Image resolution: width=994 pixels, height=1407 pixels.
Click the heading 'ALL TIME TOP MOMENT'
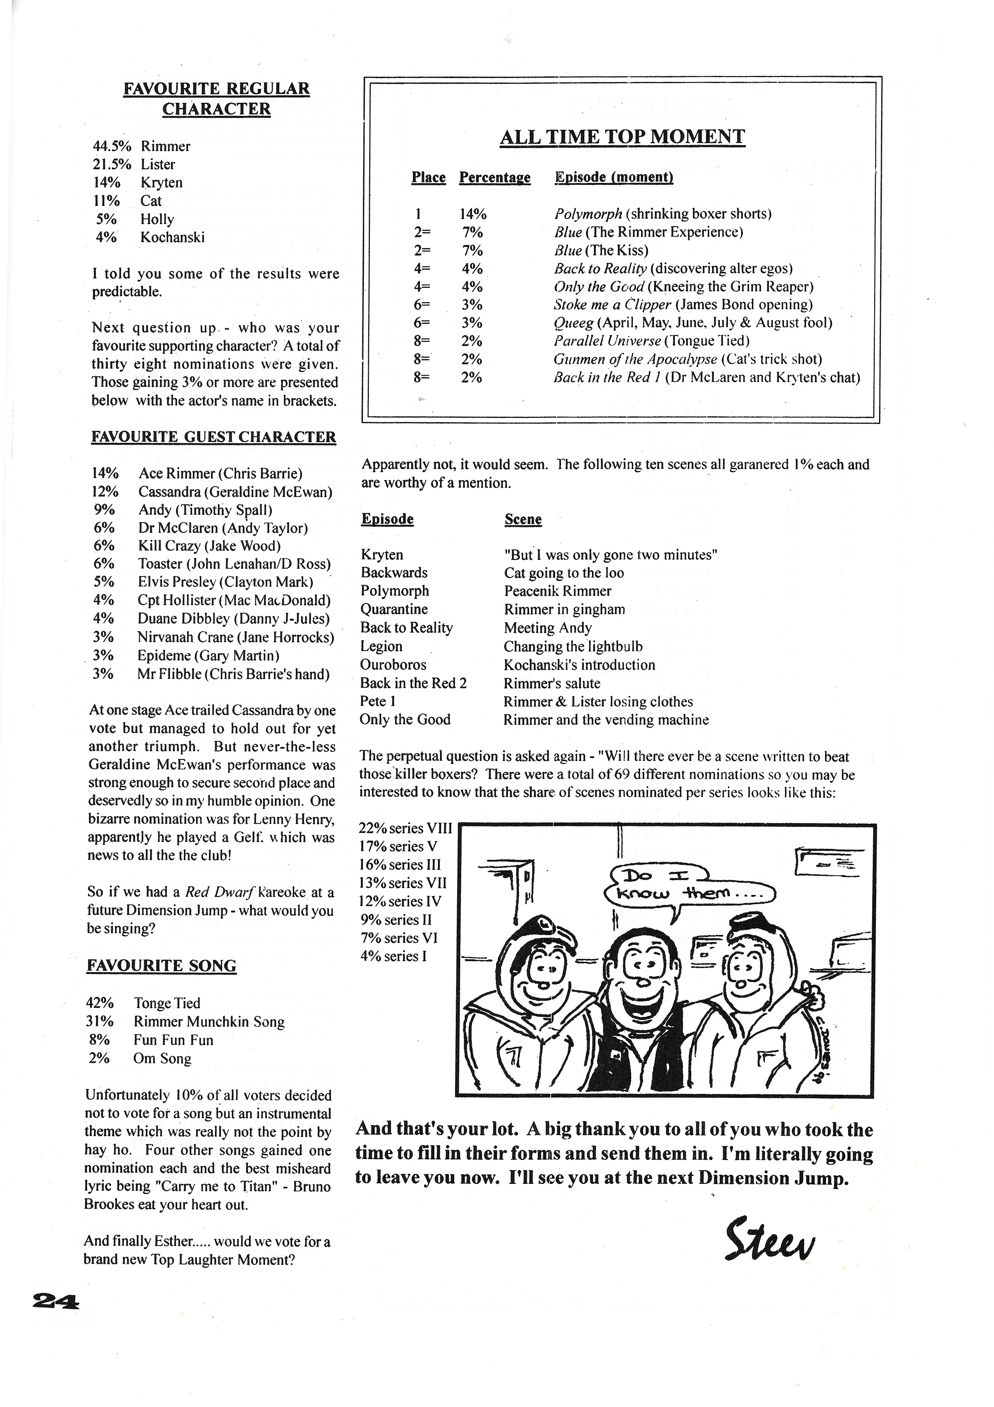coord(622,137)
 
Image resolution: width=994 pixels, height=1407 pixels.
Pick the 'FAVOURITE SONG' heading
coord(161,966)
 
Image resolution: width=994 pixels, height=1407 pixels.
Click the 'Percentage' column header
coord(495,178)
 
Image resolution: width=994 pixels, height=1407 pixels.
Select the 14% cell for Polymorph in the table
coord(473,214)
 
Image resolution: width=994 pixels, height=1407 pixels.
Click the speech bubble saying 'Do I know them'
coord(686,886)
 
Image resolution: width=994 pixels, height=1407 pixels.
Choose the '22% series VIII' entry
coord(405,828)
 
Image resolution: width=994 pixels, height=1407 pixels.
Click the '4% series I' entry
coord(393,956)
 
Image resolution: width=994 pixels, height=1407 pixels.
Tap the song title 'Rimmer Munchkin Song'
coord(209,1021)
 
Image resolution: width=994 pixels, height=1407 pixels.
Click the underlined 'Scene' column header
coord(523,520)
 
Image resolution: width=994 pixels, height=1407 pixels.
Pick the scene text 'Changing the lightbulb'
coord(573,647)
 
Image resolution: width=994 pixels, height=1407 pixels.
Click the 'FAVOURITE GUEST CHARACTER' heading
coord(213,437)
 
